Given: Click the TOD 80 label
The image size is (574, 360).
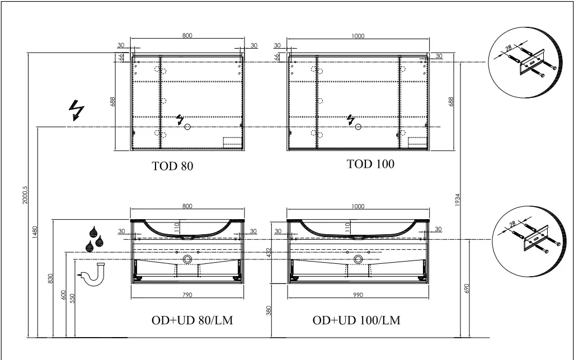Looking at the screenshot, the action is (172, 166).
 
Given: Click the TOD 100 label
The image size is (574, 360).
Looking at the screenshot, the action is (370, 164).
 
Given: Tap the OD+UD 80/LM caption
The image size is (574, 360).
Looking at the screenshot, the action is (192, 320).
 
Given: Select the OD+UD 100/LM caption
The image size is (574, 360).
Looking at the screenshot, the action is (356, 320).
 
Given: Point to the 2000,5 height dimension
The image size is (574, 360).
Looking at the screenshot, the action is (25, 195).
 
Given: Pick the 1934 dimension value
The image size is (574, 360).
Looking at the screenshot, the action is (457, 200).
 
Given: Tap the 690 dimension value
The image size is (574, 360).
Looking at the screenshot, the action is (467, 288).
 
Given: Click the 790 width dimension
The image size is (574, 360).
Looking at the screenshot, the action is (187, 295).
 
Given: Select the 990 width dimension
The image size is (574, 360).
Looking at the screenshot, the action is (357, 295).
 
